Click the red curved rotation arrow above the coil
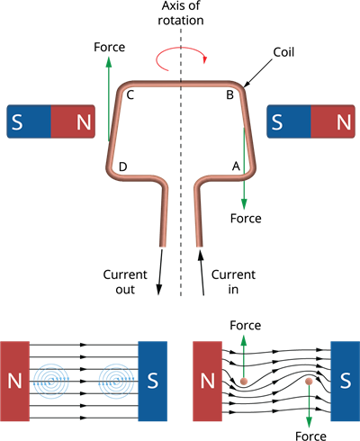(183, 59)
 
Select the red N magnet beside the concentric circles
(14, 381)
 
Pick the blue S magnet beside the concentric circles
(152, 381)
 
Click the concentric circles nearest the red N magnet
(52, 381)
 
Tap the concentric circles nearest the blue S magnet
(115, 381)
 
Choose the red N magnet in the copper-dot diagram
(208, 381)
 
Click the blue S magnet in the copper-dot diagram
(345, 381)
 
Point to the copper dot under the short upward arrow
(243, 382)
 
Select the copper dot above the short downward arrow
(309, 382)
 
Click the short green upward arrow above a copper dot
(243, 353)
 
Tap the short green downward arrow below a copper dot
(309, 409)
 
